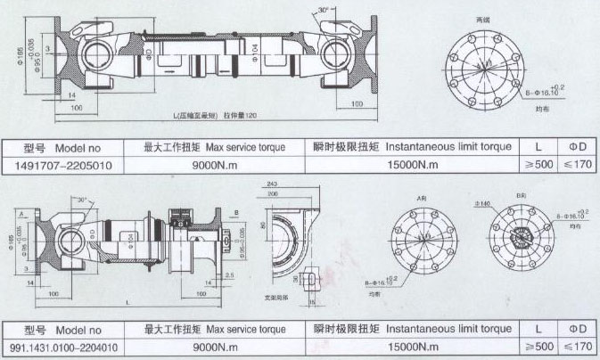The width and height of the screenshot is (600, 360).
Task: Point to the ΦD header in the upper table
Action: (578, 146)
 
